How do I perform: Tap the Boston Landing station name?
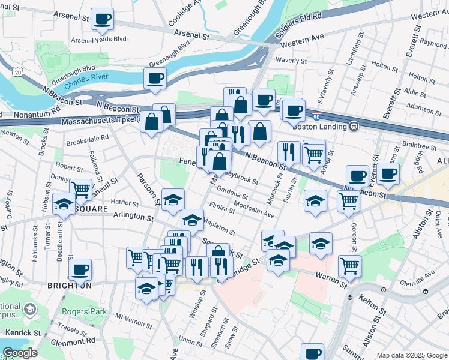[320, 127]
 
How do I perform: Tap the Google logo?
[19, 353]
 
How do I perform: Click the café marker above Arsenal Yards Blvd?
[103, 19]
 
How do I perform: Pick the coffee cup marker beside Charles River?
[155, 78]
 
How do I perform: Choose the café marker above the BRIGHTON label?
[80, 269]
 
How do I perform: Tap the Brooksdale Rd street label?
[88, 137]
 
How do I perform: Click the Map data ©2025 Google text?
[412, 355]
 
